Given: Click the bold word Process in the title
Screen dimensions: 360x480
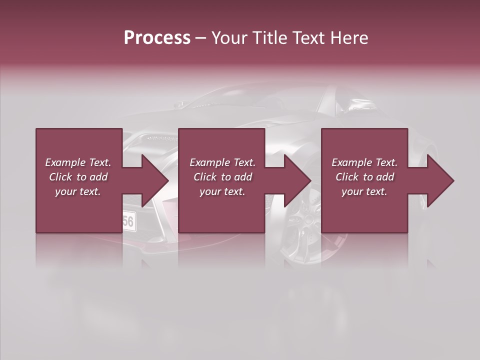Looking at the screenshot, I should pos(157,38).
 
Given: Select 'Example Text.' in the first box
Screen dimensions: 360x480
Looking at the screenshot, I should pos(78,162).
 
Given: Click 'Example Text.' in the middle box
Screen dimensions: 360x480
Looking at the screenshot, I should pos(222,162).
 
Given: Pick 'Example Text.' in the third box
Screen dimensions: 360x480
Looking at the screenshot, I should pos(364,162).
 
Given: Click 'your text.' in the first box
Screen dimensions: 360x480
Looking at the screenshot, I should pos(78,191).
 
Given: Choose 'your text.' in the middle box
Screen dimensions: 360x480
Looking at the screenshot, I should pos(222,191).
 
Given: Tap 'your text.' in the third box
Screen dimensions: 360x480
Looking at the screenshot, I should pos(364,191).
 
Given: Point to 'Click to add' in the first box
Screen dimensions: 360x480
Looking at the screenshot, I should pos(78,177).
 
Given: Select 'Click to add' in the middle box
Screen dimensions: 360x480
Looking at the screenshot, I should pos(222,177).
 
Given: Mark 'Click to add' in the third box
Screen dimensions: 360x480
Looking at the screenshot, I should pos(364,177).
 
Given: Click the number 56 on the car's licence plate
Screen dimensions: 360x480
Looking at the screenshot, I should pos(128,221).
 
